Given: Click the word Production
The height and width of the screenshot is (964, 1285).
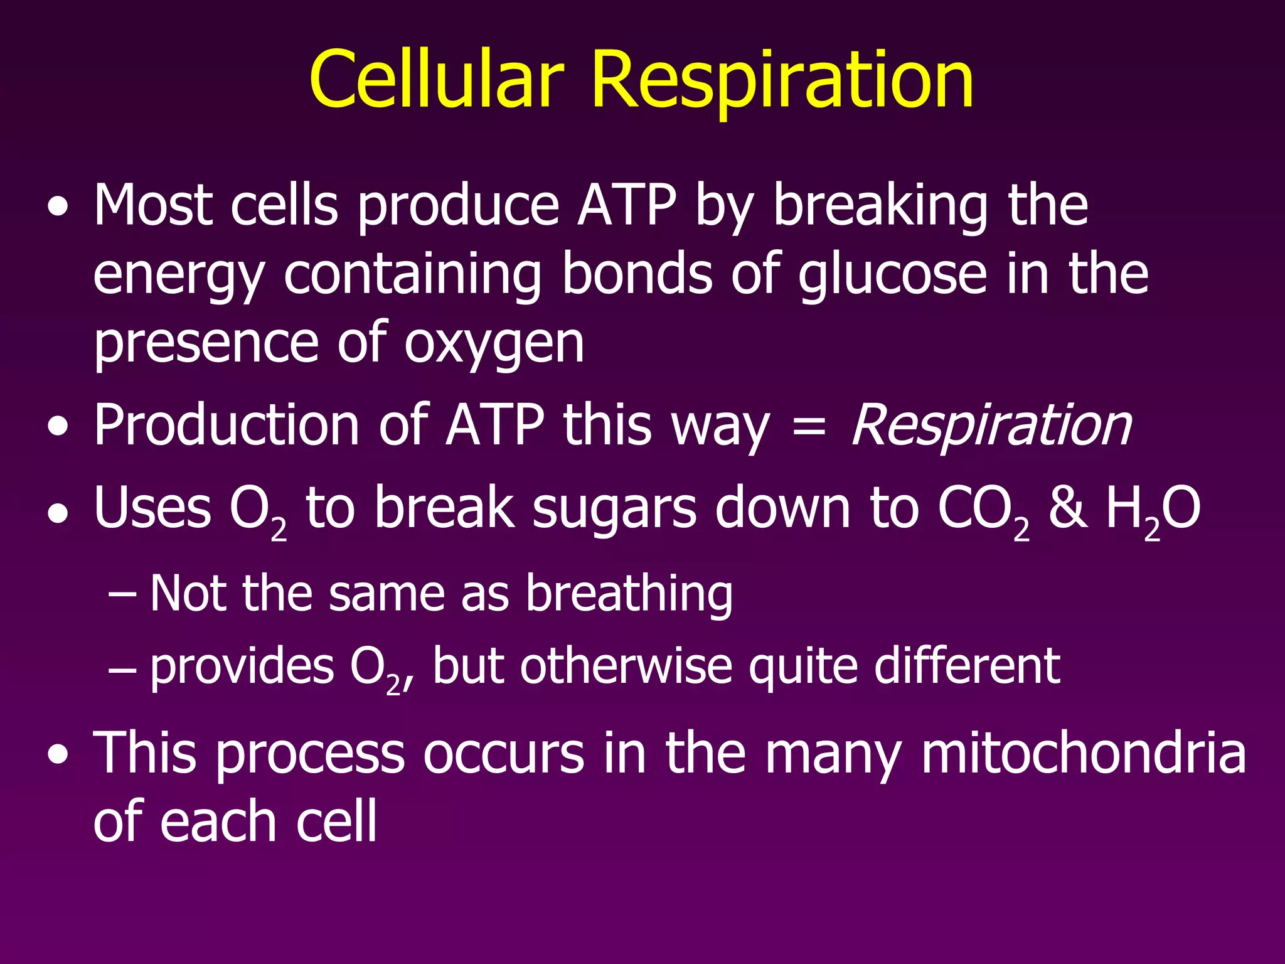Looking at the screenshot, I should coord(227,426).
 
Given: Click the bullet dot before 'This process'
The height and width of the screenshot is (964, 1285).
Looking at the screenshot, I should coord(58,756).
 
